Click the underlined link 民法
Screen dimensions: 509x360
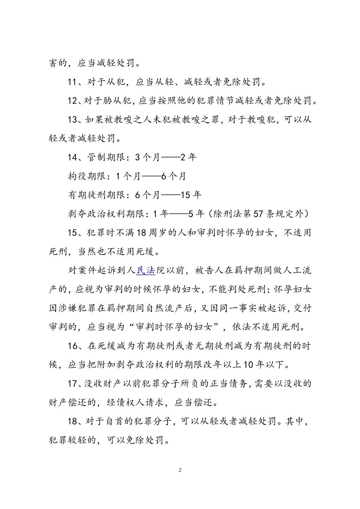(x=146, y=270)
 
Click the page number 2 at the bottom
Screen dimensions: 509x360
(x=180, y=470)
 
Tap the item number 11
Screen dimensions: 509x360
(x=72, y=82)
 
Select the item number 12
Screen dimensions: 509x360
(x=72, y=101)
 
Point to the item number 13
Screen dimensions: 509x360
(x=72, y=120)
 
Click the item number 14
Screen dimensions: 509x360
(x=72, y=157)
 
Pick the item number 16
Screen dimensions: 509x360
(x=72, y=346)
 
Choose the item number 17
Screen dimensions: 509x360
(x=72, y=384)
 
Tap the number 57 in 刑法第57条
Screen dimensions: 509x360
(x=258, y=214)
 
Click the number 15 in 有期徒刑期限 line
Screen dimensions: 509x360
(x=185, y=195)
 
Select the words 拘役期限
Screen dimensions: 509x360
(x=87, y=176)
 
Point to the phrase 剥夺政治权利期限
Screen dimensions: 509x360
(x=106, y=214)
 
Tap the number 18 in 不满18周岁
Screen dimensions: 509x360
(x=141, y=233)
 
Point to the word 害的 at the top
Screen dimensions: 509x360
(x=58, y=63)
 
